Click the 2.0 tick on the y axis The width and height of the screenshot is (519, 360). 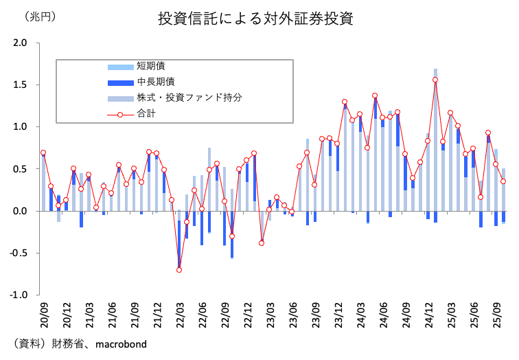click(x=21, y=43)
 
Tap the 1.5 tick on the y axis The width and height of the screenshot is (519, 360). click(x=21, y=85)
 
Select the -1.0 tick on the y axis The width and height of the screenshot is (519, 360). click(x=19, y=295)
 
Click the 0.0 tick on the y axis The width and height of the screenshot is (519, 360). click(x=21, y=211)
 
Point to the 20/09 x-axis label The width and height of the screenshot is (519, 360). click(x=44, y=313)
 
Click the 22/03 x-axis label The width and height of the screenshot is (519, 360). click(x=179, y=313)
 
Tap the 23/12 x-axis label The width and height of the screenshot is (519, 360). click(x=337, y=313)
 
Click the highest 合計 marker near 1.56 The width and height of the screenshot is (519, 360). click(x=435, y=80)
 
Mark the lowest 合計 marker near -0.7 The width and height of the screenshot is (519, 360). click(x=179, y=269)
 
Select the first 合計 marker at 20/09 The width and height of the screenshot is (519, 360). click(x=43, y=153)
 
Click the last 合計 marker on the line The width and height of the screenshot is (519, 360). click(x=503, y=181)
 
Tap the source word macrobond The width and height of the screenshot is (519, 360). click(x=121, y=343)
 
